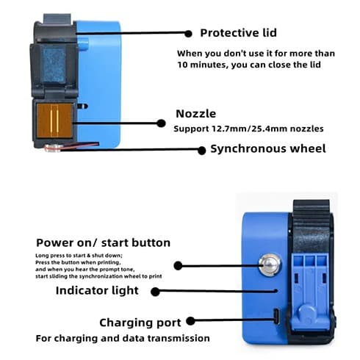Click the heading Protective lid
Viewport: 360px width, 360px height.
(x=238, y=33)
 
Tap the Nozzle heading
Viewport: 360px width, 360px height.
(x=196, y=114)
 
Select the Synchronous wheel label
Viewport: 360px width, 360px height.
(x=268, y=148)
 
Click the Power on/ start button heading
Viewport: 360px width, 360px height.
(x=103, y=243)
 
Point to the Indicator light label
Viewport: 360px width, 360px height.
(x=97, y=291)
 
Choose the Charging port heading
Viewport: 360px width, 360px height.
(x=140, y=323)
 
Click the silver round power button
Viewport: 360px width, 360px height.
(x=270, y=265)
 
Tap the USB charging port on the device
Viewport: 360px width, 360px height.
(x=276, y=316)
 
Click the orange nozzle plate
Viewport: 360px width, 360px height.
(x=54, y=120)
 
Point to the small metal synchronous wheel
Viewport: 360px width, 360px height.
(x=53, y=148)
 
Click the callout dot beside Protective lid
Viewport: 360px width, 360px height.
(x=188, y=34)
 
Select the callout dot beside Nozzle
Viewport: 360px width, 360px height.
(x=161, y=123)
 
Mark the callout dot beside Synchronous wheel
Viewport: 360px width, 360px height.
(x=201, y=151)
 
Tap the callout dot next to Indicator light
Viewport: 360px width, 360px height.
(x=155, y=292)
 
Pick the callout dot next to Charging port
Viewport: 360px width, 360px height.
(x=190, y=321)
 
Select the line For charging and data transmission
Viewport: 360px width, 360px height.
(x=123, y=339)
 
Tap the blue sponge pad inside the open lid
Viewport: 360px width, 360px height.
(x=54, y=64)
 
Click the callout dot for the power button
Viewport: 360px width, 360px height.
(x=178, y=265)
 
